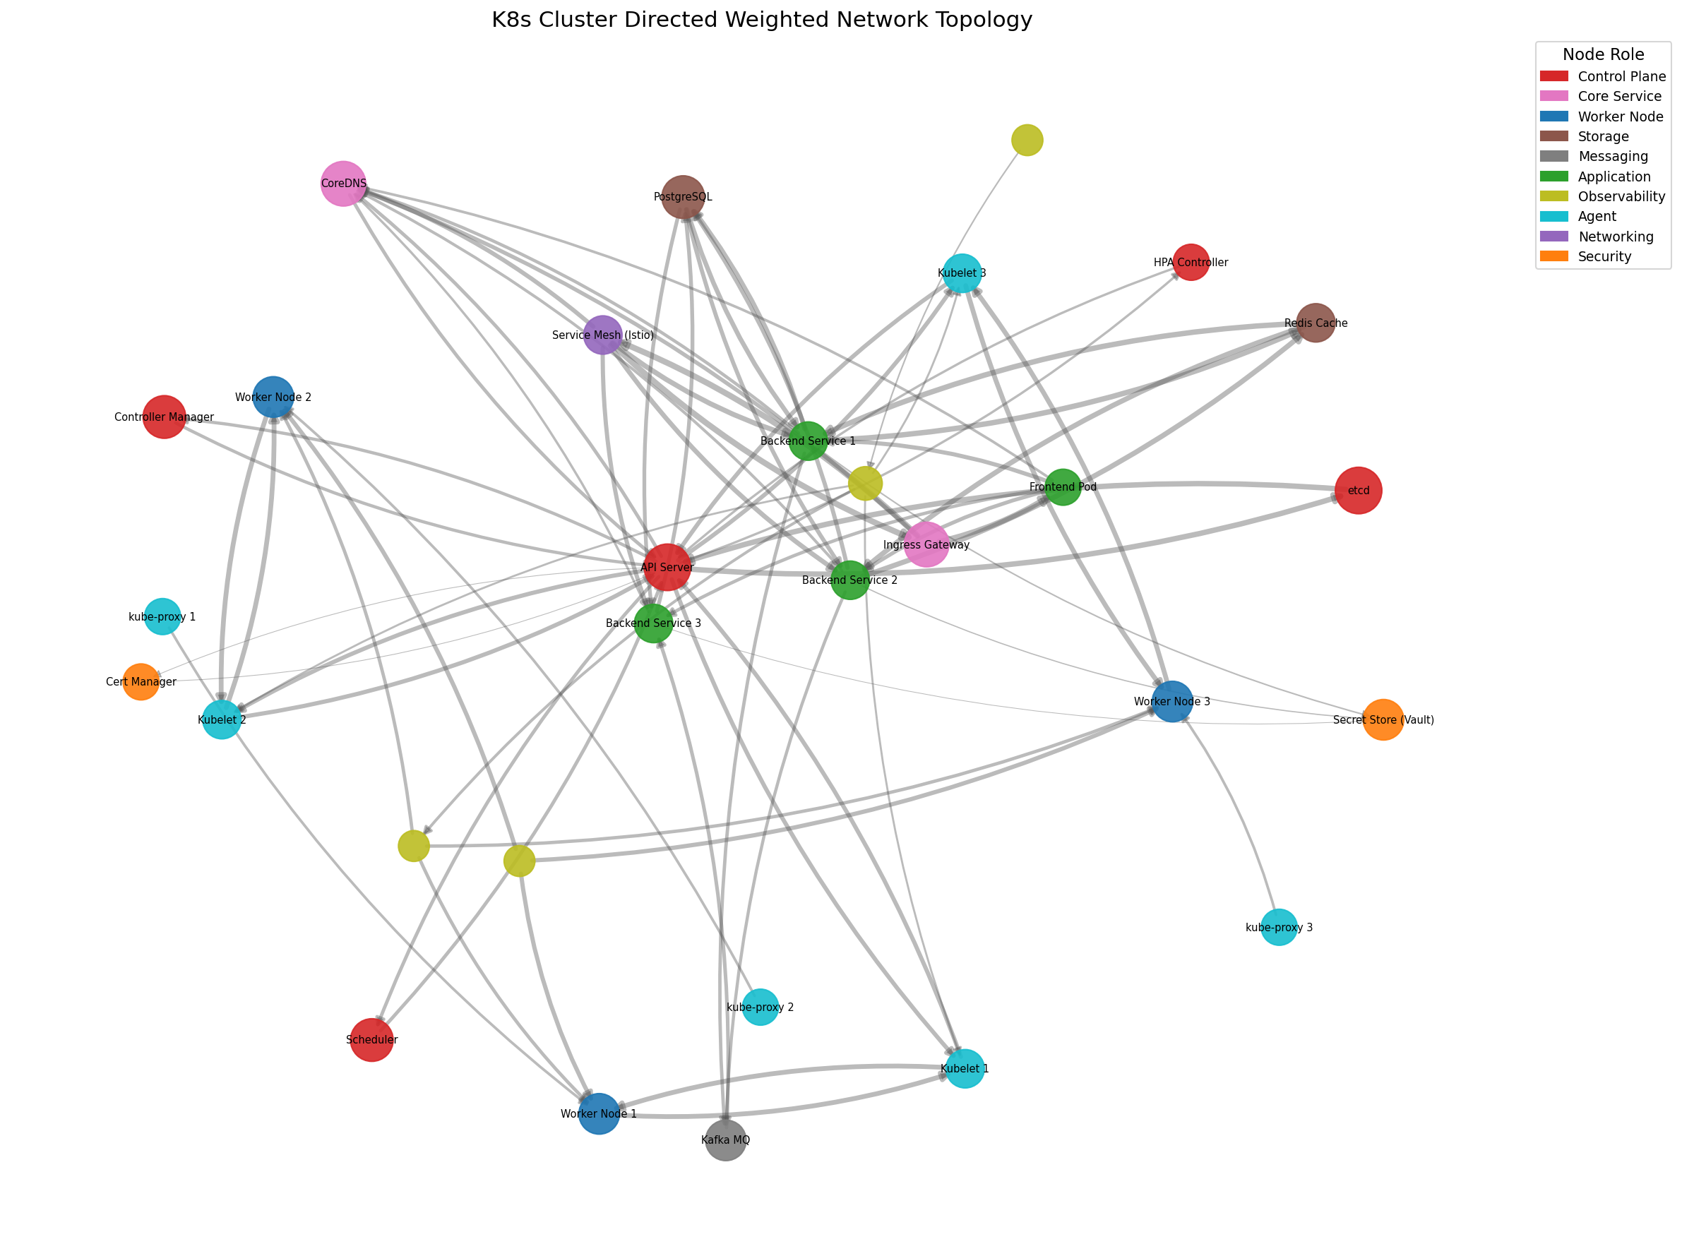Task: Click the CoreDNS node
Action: tap(343, 184)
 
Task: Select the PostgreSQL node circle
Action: tap(683, 196)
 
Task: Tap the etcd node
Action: tap(1358, 491)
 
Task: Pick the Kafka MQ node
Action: tap(725, 1140)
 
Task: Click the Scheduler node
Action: tap(371, 1039)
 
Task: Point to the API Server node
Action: tap(667, 567)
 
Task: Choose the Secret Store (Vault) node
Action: tap(1383, 719)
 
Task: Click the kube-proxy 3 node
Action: tap(1279, 927)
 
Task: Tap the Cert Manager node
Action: tap(141, 681)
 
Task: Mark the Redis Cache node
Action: tap(1316, 323)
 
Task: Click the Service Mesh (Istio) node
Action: tap(602, 335)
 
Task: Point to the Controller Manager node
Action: tap(164, 417)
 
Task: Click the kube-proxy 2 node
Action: tap(761, 1007)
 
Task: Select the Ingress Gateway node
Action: tap(926, 544)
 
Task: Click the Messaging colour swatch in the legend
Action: tap(1553, 156)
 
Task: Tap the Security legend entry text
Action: tap(1604, 256)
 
